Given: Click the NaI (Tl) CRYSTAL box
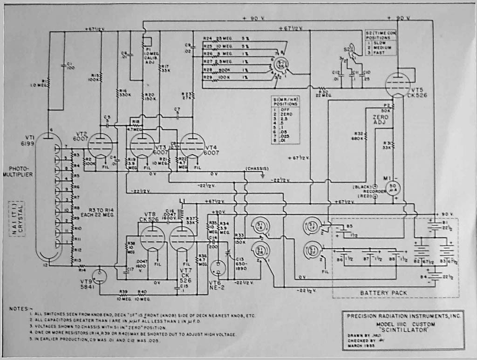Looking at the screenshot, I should [x=16, y=219].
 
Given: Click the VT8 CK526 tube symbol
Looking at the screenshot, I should [x=152, y=237].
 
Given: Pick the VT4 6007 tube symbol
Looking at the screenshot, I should [x=193, y=146].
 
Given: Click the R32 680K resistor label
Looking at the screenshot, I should [x=359, y=136].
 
